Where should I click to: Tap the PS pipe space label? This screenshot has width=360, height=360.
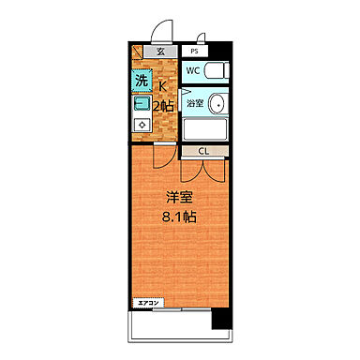click(x=195, y=52)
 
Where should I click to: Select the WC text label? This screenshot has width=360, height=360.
click(x=191, y=71)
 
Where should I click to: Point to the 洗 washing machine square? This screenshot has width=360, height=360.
click(x=141, y=81)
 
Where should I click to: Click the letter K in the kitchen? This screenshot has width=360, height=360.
click(x=164, y=87)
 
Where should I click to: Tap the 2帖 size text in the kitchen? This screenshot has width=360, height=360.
click(x=166, y=106)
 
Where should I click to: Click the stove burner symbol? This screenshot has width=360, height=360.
click(x=141, y=124)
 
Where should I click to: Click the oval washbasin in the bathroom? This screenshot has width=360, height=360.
click(x=217, y=103)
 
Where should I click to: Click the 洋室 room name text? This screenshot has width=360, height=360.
click(x=178, y=198)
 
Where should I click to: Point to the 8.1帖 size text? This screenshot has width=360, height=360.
click(x=178, y=217)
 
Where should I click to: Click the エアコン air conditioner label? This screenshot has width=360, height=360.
click(x=150, y=303)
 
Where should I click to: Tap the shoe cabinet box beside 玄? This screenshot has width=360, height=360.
click(x=138, y=52)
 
